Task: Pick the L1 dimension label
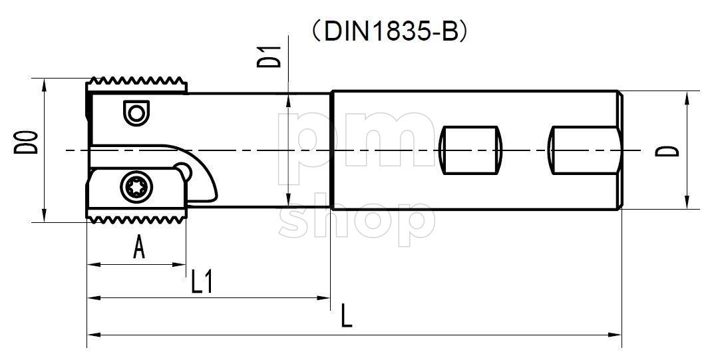(202, 282)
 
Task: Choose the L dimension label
(346, 316)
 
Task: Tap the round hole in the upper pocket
(136, 113)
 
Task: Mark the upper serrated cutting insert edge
(136, 85)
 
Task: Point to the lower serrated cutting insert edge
(136, 217)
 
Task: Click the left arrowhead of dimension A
(92, 265)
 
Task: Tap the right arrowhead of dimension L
(617, 333)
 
